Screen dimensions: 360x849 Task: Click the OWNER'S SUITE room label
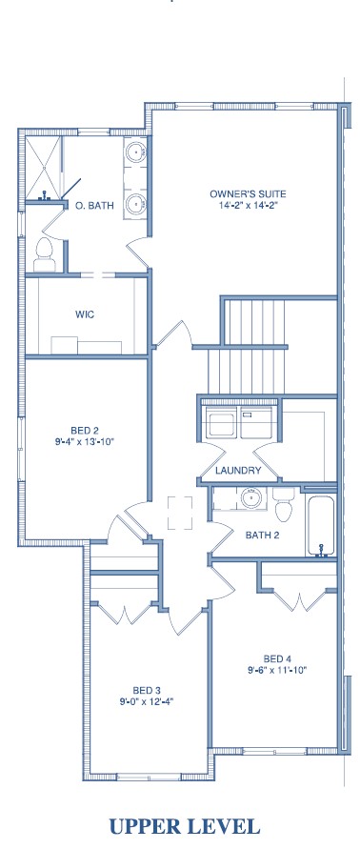[x=248, y=193]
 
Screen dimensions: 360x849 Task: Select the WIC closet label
[x=85, y=314]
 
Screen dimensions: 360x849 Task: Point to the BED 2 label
[x=85, y=431]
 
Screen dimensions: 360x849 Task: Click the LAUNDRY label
[x=238, y=471]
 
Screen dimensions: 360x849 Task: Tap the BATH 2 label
[x=263, y=536]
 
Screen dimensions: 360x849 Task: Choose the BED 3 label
[x=147, y=691]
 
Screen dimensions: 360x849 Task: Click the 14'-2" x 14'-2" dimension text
[x=248, y=205]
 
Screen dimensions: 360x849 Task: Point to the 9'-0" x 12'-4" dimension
[x=147, y=701]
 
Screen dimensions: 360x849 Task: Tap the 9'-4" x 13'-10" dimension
[x=85, y=442]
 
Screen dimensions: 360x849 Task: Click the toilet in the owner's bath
[x=45, y=255]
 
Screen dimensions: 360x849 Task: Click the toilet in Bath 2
[x=284, y=502]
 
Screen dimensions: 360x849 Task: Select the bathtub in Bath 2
[x=322, y=523]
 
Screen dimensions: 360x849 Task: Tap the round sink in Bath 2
[x=251, y=497]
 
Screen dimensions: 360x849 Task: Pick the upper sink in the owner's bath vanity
[x=135, y=152]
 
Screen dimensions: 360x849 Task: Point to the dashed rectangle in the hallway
[x=180, y=513]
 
